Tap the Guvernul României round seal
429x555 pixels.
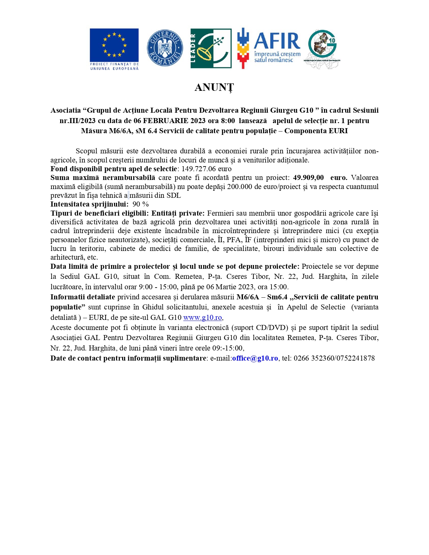coord(165,48)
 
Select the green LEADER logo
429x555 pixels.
coord(211,48)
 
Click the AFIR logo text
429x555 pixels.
coord(277,41)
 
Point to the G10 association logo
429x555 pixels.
coord(323,48)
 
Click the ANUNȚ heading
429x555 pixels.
coord(214,87)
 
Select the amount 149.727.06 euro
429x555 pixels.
coord(207,169)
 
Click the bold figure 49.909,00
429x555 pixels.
coord(308,178)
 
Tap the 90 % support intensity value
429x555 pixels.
coord(141,204)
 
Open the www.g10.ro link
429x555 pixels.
coord(203,318)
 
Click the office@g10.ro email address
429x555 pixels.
coord(255,358)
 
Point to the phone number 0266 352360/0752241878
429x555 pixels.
coord(334,358)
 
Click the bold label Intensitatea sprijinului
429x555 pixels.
coord(89,204)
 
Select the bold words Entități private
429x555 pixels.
coord(178,213)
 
